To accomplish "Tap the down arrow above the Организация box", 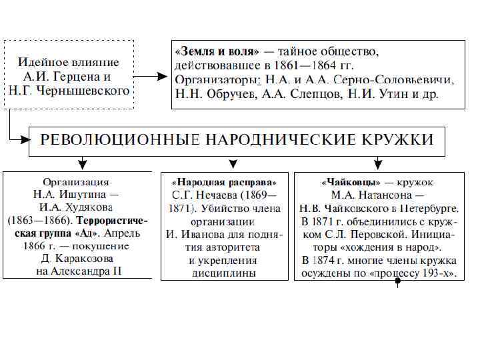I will point(81,163).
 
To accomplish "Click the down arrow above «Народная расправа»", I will point(233,163).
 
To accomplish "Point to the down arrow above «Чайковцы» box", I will point(377,163).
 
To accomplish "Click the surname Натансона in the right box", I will point(387,195).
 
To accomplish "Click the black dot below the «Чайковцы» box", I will point(398,281).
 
